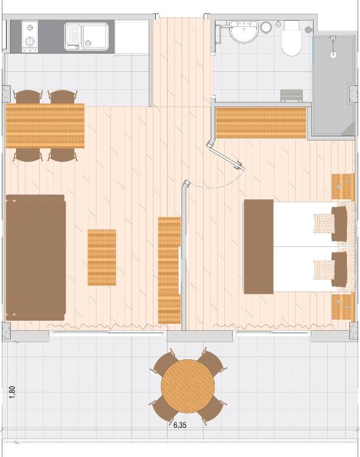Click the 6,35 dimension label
click(180, 425)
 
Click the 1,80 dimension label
click(12, 392)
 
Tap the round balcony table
click(187, 386)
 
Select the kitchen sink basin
click(95, 36)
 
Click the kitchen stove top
click(30, 36)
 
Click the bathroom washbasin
click(244, 32)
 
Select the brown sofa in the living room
click(36, 258)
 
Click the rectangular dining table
click(45, 126)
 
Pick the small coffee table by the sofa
click(102, 257)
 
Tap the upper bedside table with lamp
click(343, 187)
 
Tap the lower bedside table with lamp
click(343, 306)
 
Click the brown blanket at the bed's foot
click(259, 246)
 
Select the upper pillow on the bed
click(339, 224)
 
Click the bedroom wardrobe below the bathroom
click(261, 123)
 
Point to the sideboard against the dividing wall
click(170, 270)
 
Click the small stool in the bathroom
click(292, 95)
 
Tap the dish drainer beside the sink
click(73, 37)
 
